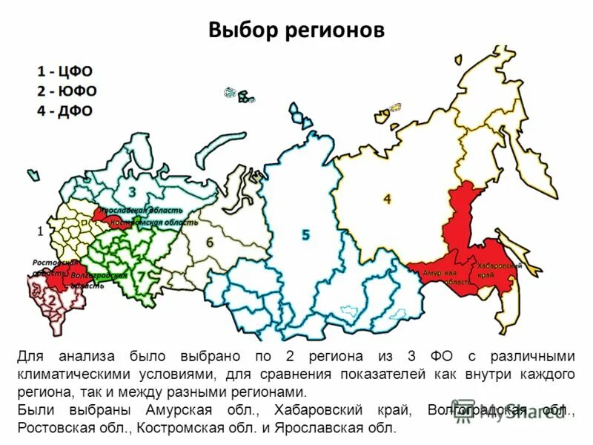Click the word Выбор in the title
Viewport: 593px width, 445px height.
[242, 30]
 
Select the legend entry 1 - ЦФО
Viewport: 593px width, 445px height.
[65, 71]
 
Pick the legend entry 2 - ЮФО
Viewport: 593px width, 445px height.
[67, 91]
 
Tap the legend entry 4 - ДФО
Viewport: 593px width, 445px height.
[65, 111]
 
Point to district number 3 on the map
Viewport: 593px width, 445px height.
[132, 192]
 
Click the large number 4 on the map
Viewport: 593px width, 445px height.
[387, 198]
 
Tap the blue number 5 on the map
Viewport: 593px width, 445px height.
[305, 235]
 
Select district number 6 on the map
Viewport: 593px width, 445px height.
[210, 243]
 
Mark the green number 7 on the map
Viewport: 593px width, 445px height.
[141, 275]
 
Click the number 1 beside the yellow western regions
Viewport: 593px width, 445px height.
[39, 231]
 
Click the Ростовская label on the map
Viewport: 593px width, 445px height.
[54, 263]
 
